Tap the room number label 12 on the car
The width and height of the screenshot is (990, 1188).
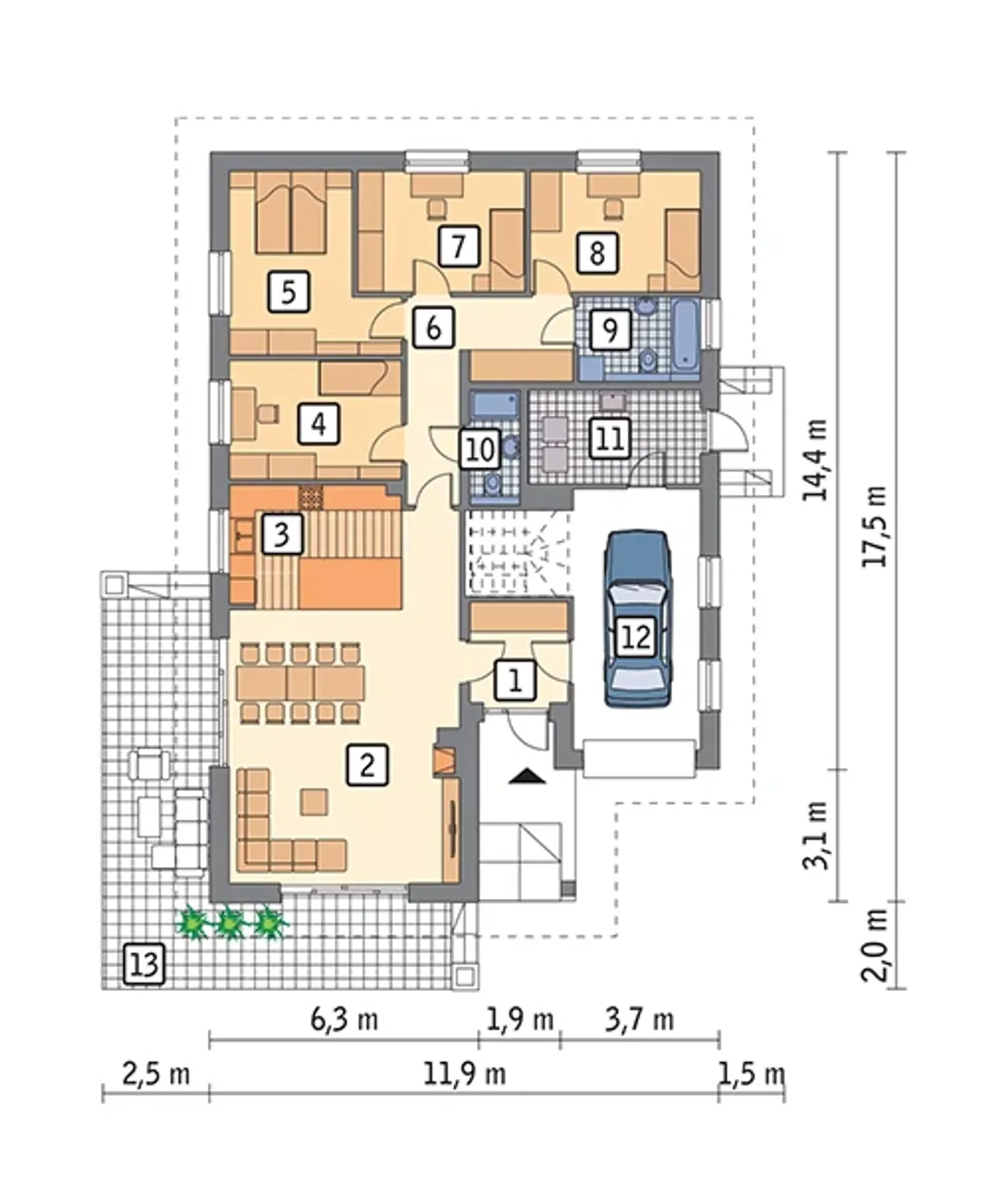coord(636,637)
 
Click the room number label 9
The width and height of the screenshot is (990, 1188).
coord(610,329)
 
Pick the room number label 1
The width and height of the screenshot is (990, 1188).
coord(515,680)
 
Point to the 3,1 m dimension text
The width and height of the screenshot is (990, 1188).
coord(814,842)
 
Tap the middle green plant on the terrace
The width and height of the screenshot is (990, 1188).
coord(229,922)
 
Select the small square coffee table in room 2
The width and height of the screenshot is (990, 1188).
coord(314,802)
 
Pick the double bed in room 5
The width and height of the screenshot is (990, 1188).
coord(291,213)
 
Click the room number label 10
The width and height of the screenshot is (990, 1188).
coord(480,449)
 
